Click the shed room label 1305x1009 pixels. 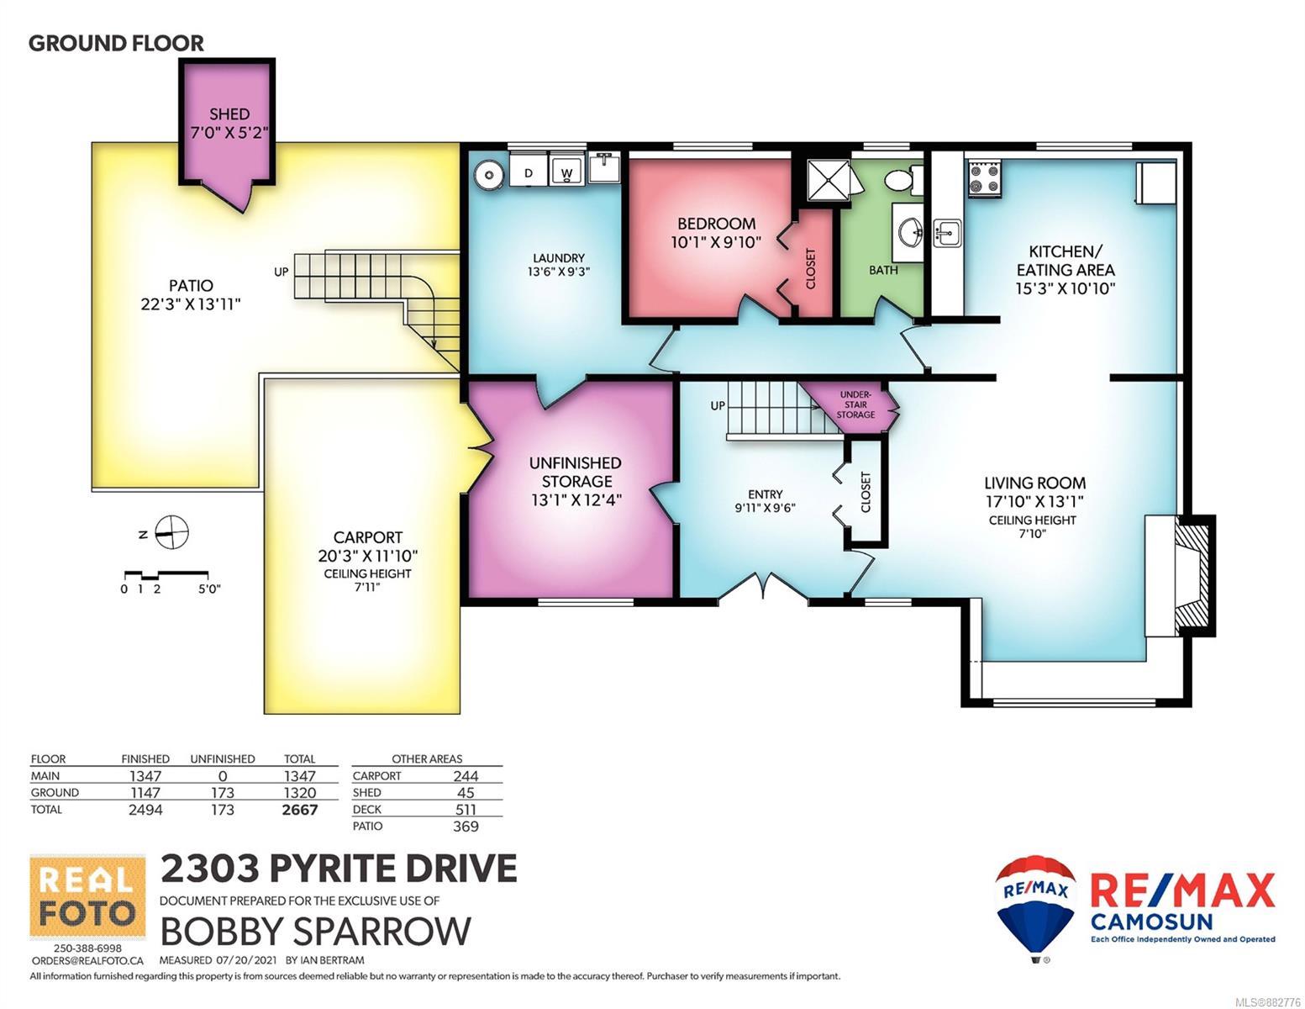tap(229, 114)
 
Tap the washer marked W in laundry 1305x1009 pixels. tap(566, 170)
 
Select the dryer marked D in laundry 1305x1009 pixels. tap(529, 169)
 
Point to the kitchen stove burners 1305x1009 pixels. tap(984, 178)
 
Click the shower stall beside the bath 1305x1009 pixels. tap(829, 179)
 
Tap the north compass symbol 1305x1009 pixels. tap(171, 532)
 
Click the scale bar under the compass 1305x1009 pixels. tap(166, 575)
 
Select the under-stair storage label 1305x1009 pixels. tap(855, 404)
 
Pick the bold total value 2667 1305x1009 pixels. tap(300, 810)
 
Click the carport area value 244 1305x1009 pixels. tap(466, 776)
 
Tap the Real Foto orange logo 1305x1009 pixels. tap(87, 896)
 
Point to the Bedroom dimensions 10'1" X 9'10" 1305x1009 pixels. tap(716, 242)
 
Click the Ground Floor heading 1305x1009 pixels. tap(116, 43)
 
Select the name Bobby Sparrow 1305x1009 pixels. tap(316, 931)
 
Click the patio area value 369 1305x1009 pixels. tap(466, 827)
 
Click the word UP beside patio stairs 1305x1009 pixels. tap(281, 272)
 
